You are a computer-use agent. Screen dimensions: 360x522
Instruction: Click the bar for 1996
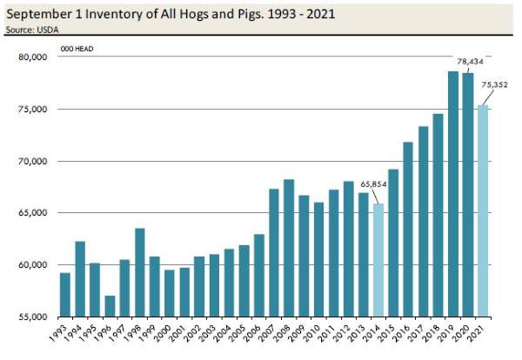tap(110, 306)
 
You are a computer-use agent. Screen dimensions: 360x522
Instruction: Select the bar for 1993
tap(65, 295)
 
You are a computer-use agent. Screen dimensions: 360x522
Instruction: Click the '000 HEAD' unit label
tap(77, 48)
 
